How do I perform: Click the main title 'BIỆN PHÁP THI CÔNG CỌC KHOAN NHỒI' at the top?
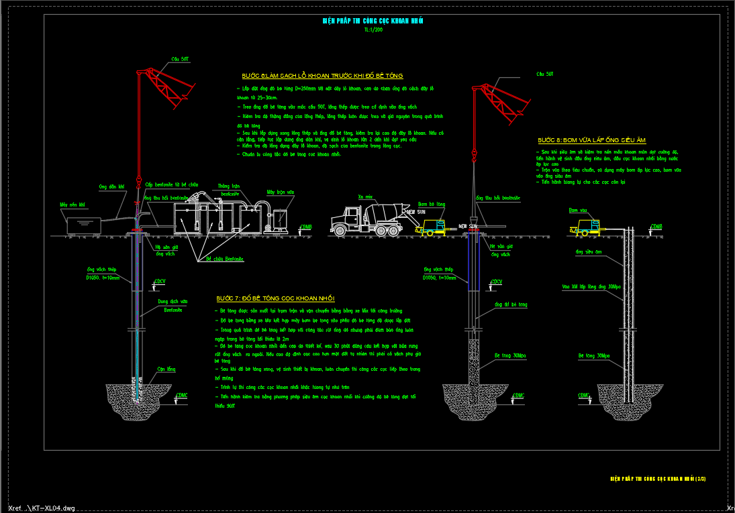(373, 21)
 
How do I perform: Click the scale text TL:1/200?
(373, 30)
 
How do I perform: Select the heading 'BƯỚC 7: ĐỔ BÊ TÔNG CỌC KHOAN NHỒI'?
(275, 298)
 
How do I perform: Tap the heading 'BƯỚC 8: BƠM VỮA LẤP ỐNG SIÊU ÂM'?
(591, 140)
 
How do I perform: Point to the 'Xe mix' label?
(365, 196)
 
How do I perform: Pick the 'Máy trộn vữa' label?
(280, 192)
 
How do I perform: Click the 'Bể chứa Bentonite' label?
(225, 259)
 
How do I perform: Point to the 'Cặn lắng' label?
(166, 369)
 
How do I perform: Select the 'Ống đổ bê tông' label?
(511, 304)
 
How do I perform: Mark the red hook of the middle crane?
(474, 158)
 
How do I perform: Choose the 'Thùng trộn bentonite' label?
(228, 188)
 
